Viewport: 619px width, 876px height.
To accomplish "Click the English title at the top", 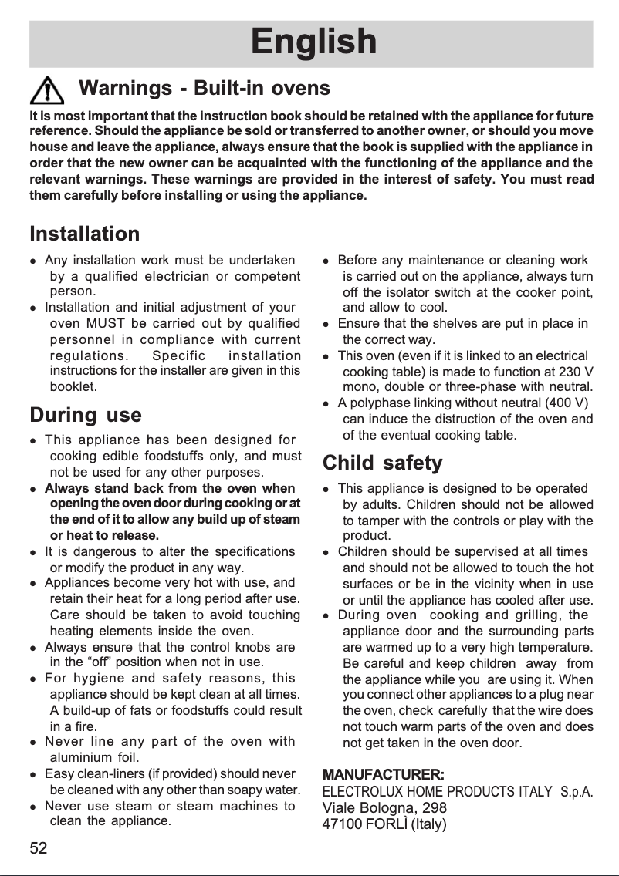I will coord(313,42).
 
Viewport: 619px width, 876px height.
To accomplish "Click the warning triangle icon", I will coord(49,91).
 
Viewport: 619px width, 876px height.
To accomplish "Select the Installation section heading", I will coord(85,233).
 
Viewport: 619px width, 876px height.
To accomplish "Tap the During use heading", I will coord(85,416).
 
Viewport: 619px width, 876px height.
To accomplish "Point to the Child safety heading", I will coord(382,463).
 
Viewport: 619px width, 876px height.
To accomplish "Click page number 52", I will coord(39,849).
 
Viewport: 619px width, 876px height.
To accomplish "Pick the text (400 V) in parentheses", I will coord(567,403).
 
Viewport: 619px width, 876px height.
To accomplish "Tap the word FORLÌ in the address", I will coord(386,824).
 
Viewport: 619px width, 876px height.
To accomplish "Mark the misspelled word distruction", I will coord(469,419).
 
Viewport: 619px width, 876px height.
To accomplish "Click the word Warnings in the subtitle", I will coord(126,88).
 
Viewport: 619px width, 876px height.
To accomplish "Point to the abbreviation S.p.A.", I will coord(576,792).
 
